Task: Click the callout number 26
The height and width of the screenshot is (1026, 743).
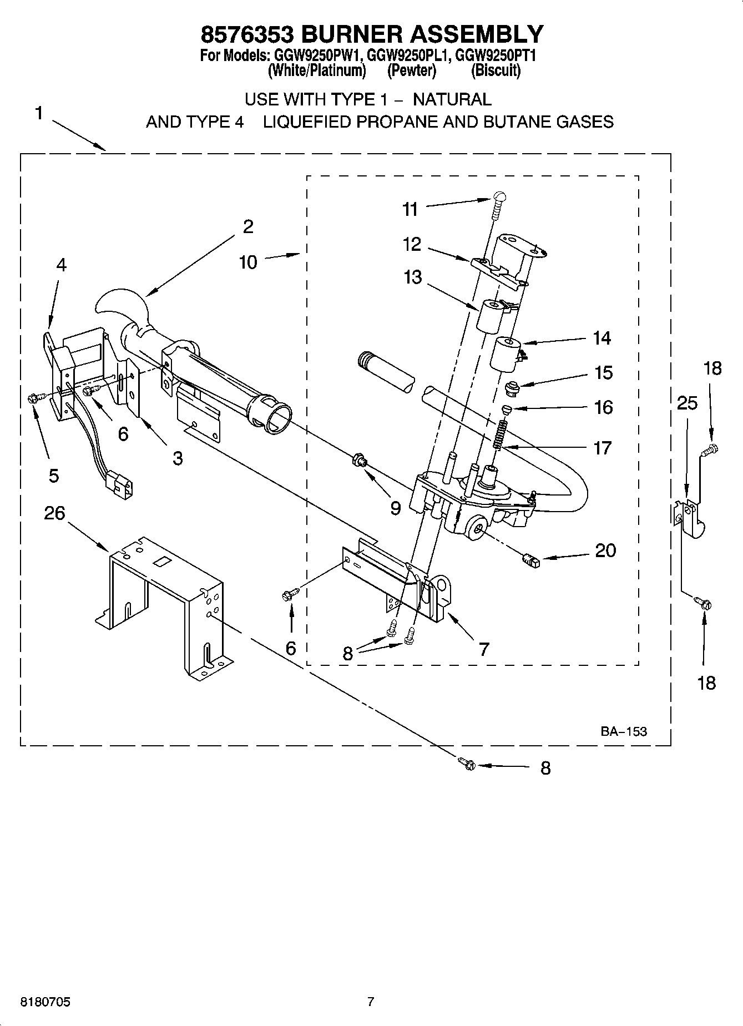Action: click(x=54, y=513)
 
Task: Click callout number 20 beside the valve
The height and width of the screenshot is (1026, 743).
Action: click(x=605, y=550)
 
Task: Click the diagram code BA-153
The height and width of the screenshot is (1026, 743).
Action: click(x=623, y=731)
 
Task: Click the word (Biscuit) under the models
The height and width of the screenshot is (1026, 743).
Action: click(x=496, y=71)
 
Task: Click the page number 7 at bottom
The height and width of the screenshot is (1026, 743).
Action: click(x=371, y=1002)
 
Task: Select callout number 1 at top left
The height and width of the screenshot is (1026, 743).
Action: click(x=38, y=113)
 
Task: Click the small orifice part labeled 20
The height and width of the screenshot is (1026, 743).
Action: click(x=531, y=562)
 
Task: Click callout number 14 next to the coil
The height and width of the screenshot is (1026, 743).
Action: click(x=602, y=337)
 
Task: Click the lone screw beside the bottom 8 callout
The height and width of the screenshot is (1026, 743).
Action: click(x=467, y=764)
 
